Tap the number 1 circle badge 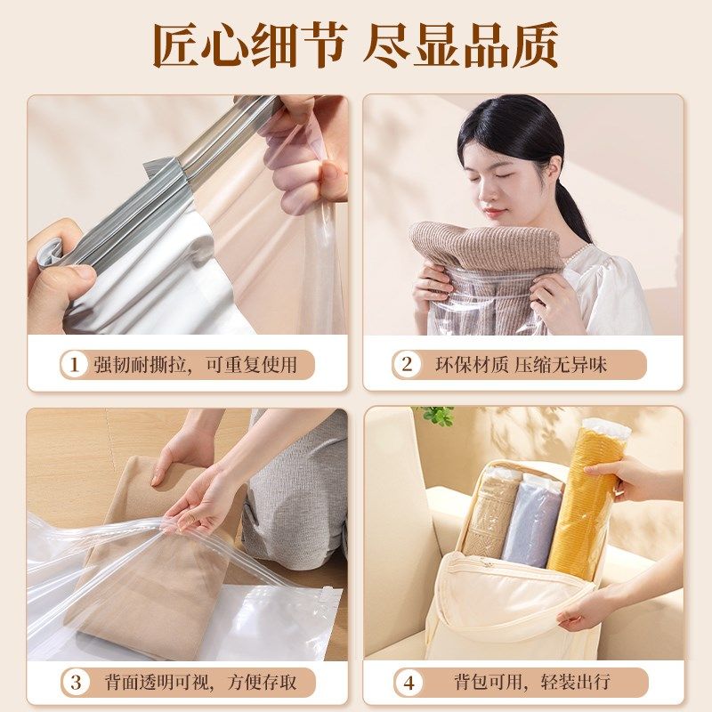click(75, 364)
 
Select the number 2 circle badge click(407, 364)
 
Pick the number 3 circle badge click(75, 683)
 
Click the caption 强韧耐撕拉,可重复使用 click(196, 364)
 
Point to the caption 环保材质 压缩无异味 click(520, 364)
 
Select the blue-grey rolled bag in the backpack click(531, 521)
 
